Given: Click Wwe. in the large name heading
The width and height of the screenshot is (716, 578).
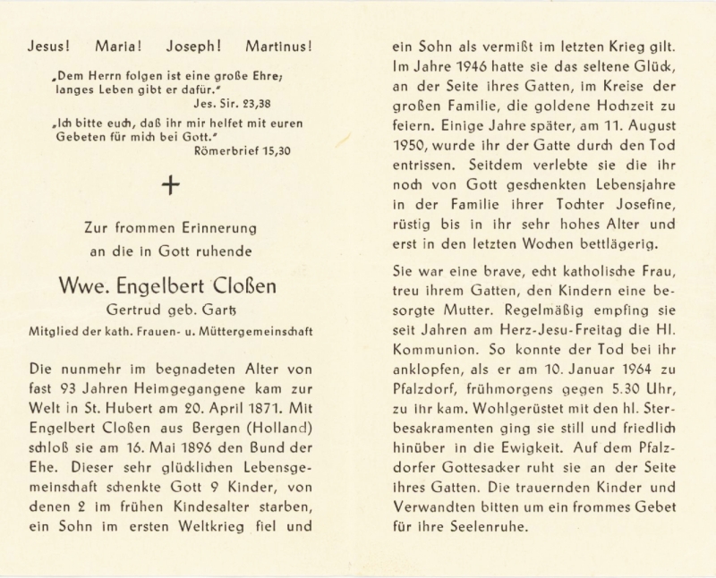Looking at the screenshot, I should [x=84, y=286].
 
